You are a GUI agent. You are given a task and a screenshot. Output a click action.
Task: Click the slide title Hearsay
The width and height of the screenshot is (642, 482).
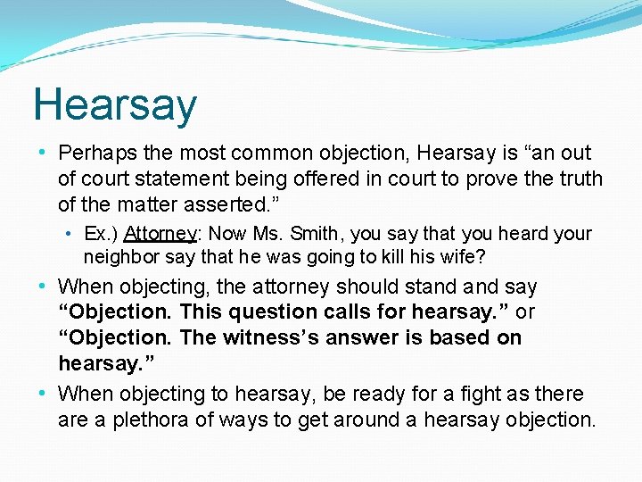click(x=114, y=104)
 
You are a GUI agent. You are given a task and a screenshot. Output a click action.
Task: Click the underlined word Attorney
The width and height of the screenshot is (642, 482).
click(x=160, y=234)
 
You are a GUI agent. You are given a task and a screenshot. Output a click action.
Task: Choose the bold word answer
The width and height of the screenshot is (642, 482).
click(x=380, y=338)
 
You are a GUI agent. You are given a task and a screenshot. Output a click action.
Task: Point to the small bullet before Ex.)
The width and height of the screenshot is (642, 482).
click(x=70, y=234)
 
